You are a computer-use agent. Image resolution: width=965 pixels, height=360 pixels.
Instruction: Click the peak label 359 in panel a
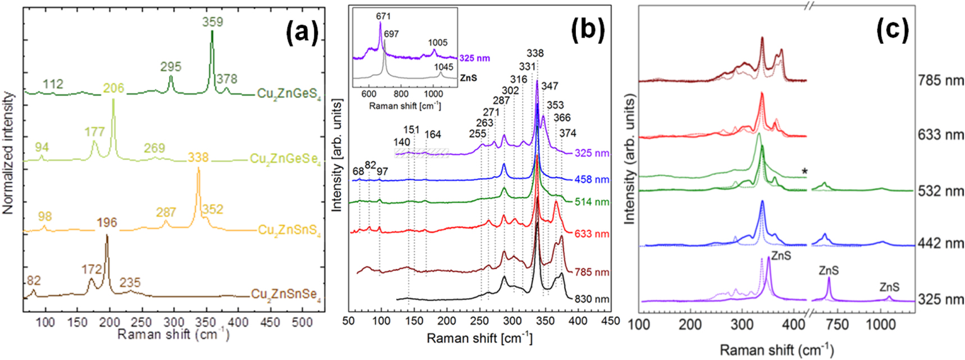213,22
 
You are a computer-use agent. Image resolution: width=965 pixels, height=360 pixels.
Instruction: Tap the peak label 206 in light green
113,88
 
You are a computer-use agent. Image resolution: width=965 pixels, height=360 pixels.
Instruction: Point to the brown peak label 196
107,222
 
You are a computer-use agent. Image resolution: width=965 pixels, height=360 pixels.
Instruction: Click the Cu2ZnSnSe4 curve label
286,294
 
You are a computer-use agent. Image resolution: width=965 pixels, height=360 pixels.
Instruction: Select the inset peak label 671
383,17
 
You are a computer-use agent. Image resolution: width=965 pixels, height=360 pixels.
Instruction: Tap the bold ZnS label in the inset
468,78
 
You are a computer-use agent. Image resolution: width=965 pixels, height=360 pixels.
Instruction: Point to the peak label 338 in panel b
535,53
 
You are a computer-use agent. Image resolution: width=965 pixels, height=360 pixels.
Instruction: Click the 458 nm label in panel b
592,180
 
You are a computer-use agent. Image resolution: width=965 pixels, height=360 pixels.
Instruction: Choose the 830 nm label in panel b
592,299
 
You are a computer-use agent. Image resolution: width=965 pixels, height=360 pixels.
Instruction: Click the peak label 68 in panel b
358,171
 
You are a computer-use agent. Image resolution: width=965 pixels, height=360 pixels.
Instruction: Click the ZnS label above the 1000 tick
889,287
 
